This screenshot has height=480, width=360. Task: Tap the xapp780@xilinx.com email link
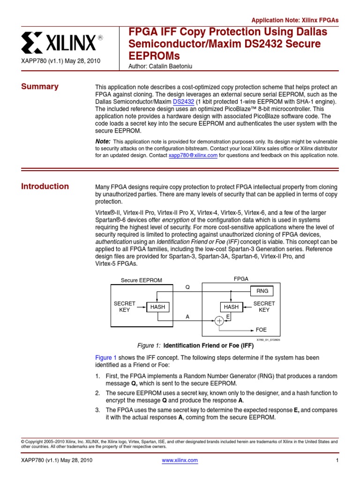coord(193,156)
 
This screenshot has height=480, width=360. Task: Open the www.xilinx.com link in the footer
coord(180,460)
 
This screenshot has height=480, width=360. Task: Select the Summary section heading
coord(40,86)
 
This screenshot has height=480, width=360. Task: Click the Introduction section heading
coord(45,186)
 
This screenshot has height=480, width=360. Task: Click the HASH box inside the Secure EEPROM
coord(157,307)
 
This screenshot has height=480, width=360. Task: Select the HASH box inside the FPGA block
coord(231,307)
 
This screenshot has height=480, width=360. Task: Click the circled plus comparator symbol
coord(219,321)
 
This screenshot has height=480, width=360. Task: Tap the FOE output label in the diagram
coord(261,330)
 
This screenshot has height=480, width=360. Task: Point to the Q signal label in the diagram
coord(187,287)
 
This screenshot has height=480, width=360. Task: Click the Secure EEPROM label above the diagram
coord(141,280)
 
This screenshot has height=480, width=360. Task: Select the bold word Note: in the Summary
coord(103,141)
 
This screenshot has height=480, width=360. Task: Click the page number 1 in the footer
coord(337,460)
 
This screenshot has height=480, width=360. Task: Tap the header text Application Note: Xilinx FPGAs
coord(295,21)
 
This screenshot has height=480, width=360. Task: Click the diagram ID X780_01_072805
coord(268,340)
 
